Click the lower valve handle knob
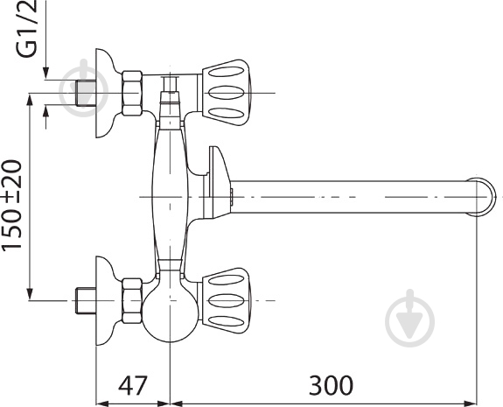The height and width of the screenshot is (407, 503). pos(230,299)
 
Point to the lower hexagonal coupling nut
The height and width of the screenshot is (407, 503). pos(132,300)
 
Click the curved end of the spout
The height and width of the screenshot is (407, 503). pos(480,197)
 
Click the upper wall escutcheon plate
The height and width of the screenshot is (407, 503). pos(103,92)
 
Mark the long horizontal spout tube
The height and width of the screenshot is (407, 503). pos(350,197)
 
